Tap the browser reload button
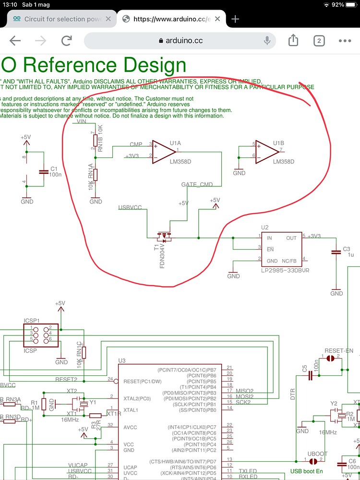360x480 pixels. tap(67, 41)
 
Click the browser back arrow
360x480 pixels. tap(15, 41)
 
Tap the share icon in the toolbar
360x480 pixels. tap(293, 41)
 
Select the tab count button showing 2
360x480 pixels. tap(319, 41)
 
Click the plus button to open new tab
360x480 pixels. tap(235, 19)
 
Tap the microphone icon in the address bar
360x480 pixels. tap(267, 41)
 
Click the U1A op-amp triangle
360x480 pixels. tap(164, 152)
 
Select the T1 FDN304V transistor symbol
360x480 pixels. tap(165, 237)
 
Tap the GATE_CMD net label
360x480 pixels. tap(196, 185)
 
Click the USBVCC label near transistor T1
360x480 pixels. tap(130, 207)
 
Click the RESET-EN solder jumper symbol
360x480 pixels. tap(331, 359)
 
